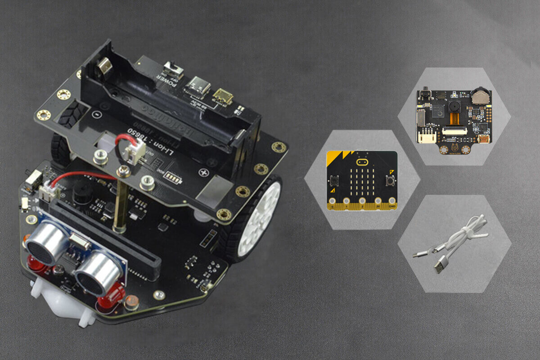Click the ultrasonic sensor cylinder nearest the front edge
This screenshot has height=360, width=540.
[97, 272]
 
